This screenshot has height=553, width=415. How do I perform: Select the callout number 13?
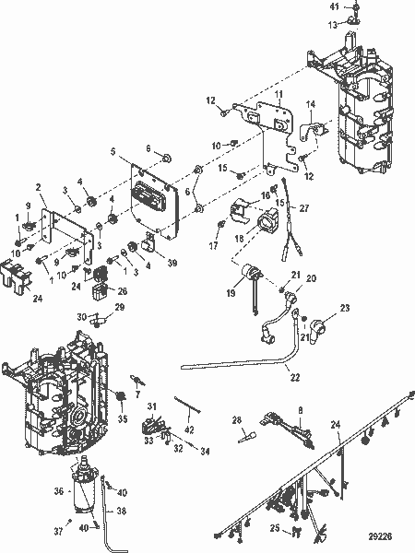coord(335,26)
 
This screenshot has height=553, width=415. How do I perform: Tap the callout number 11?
coord(279,96)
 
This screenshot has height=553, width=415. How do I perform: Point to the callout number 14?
coord(311,104)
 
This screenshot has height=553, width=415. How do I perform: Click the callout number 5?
coord(113,151)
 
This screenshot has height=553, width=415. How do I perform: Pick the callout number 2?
coord(41,188)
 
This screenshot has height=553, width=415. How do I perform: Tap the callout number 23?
coord(345,308)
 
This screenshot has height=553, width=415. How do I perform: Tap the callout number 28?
coord(238,419)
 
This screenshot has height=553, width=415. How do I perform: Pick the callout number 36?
coord(59,493)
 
